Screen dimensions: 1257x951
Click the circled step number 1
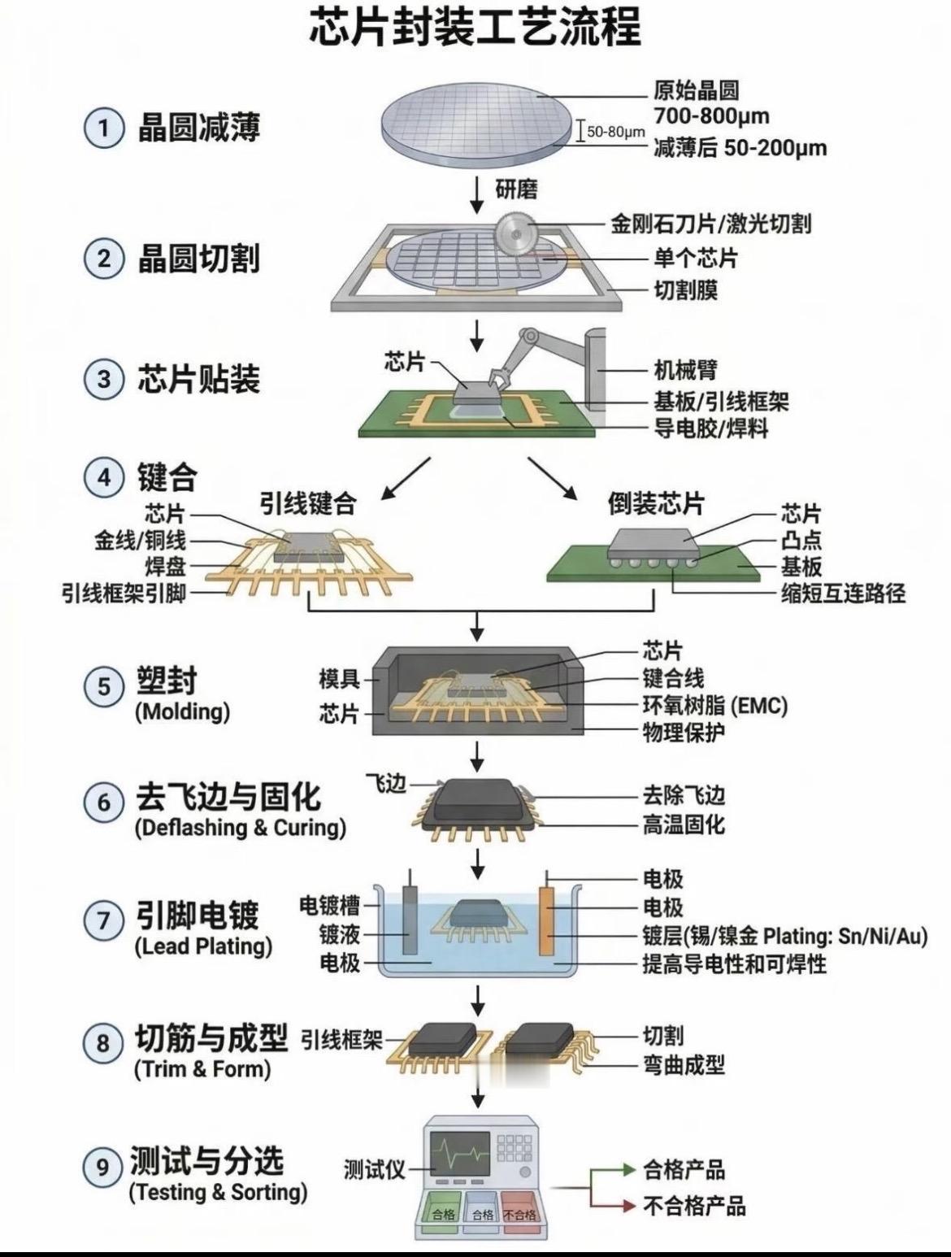[x=103, y=128]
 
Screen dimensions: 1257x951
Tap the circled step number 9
[x=103, y=1168]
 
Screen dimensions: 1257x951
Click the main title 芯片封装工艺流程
[x=475, y=28]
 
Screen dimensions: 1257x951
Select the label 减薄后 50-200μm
[x=740, y=148]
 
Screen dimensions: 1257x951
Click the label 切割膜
[x=686, y=290]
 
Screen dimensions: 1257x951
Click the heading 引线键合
[x=308, y=504]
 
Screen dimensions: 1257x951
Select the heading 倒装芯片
[x=656, y=504]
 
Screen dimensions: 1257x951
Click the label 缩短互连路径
[x=843, y=593]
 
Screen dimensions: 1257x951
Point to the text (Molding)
[x=182, y=711]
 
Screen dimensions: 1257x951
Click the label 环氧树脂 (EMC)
[x=715, y=705]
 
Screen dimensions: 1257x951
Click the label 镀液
[x=339, y=934]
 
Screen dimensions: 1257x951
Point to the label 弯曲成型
[x=684, y=1064]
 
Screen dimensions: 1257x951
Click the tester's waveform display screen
[x=460, y=1152]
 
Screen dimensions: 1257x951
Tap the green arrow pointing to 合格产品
[x=610, y=1170]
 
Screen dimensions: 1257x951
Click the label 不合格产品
[x=694, y=1205]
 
